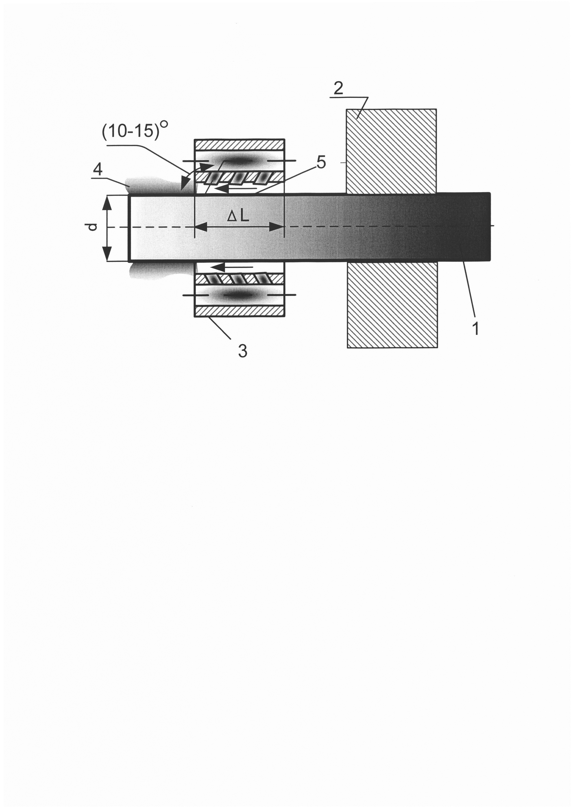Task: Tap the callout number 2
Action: click(x=338, y=88)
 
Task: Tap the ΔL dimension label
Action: click(x=238, y=216)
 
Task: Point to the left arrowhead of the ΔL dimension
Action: click(x=202, y=227)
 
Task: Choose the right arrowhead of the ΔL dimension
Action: click(x=277, y=227)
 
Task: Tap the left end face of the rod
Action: click(x=129, y=228)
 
